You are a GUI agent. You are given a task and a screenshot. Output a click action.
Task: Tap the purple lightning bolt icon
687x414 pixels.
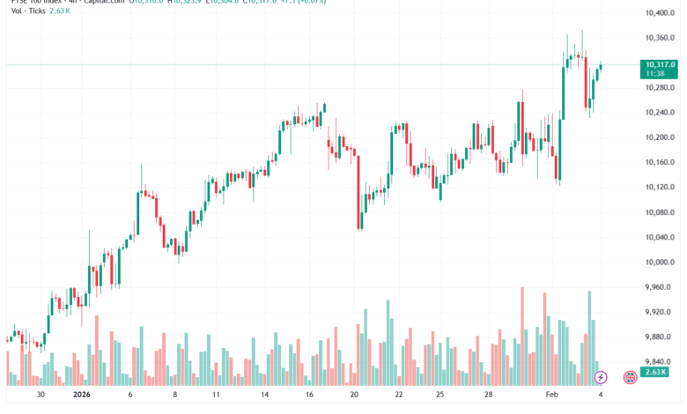pos(601,377)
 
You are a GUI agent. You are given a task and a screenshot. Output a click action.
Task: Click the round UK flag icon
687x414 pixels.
pos(631,377)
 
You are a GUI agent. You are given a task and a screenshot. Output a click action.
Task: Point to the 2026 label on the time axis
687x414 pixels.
pos(82,396)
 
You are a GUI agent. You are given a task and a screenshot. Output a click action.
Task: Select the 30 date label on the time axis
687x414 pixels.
pos(40,396)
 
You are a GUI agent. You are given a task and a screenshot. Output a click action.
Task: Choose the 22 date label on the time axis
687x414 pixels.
pos(399,396)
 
